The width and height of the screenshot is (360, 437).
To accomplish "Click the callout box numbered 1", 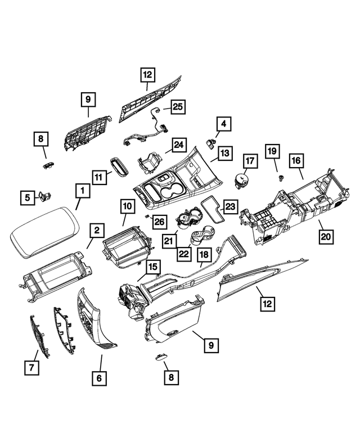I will coord(82,192).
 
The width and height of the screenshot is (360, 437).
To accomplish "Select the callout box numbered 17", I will coord(250,161).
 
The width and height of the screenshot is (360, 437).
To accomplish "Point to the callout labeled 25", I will coord(178,106).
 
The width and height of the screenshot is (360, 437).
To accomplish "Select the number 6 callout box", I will coord(99,379).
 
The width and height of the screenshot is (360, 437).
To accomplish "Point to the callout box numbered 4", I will coord(223,123).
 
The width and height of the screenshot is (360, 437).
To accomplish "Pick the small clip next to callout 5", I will coord(45,196).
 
